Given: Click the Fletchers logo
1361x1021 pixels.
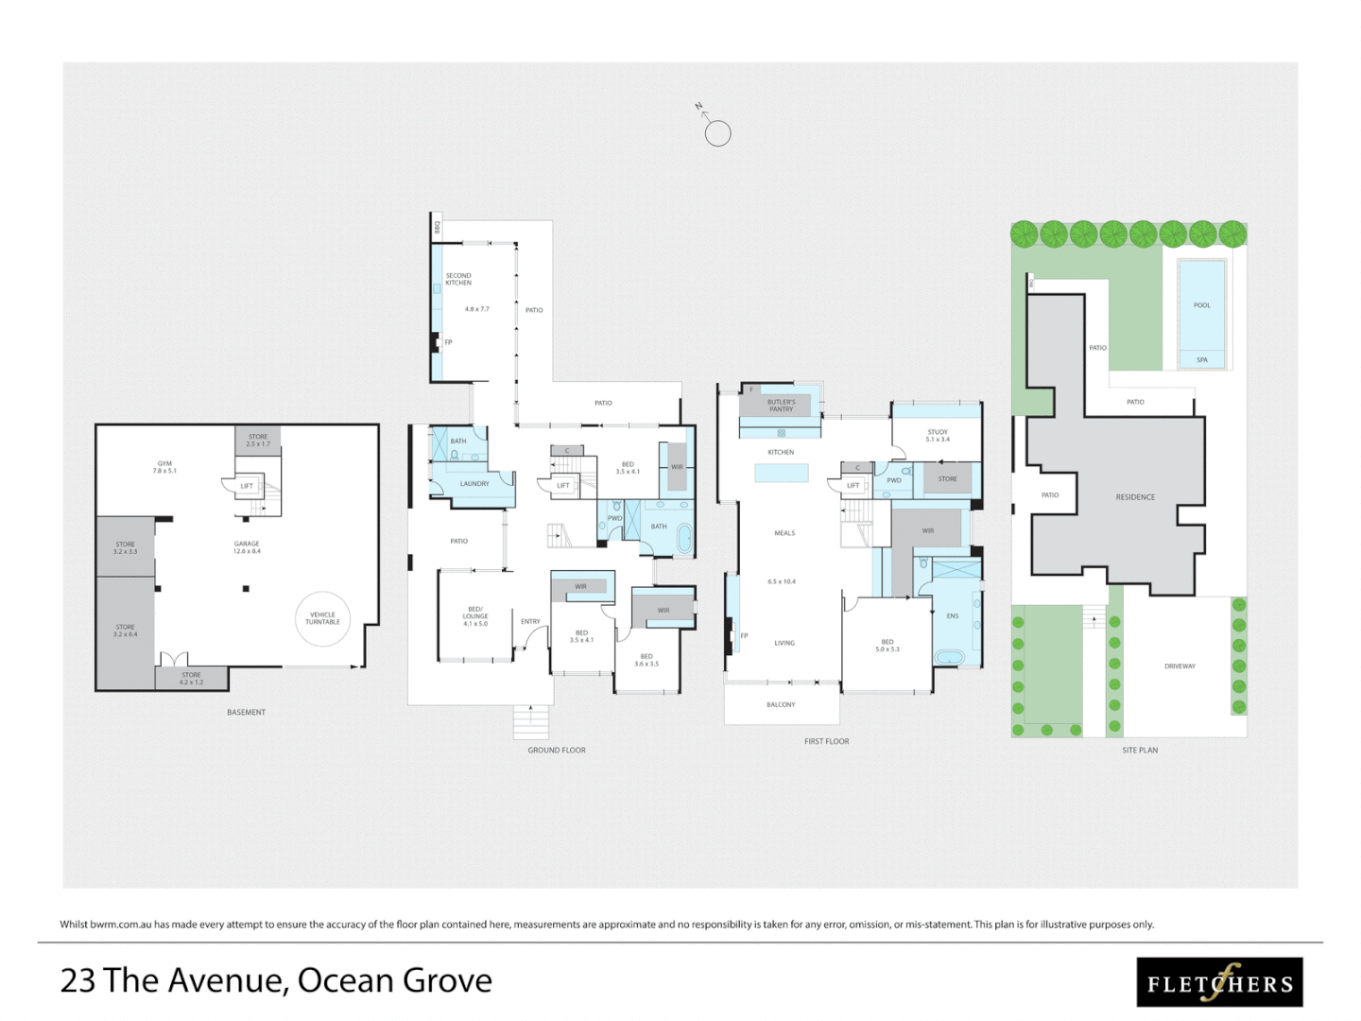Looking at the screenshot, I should click(1219, 982).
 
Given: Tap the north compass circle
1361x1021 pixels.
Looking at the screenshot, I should click(717, 133).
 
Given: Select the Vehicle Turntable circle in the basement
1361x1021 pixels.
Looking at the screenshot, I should click(322, 618).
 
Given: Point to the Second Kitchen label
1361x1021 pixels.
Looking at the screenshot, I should click(458, 279).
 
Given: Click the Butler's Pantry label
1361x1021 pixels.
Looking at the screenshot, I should click(781, 406).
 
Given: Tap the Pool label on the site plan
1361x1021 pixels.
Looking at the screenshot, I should click(1201, 305).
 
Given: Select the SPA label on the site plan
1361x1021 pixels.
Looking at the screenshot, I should click(1201, 359).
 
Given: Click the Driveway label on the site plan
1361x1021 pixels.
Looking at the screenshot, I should click(1180, 666).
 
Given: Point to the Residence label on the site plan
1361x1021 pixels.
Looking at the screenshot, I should click(1135, 497).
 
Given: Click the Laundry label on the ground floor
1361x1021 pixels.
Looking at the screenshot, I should click(474, 484).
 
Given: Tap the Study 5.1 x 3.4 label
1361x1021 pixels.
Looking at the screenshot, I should click(938, 436).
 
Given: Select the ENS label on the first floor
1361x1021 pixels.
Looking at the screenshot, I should click(952, 616).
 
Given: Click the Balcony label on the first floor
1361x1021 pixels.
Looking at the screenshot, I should click(781, 705).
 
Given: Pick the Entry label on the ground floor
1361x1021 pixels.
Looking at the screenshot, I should click(530, 622).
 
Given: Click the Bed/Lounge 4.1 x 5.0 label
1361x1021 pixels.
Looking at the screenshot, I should click(475, 616).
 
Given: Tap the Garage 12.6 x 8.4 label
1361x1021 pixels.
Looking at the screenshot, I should click(247, 547).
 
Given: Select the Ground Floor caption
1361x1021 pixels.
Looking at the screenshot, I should click(557, 751).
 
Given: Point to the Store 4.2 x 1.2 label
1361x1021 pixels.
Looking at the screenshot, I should click(191, 679).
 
